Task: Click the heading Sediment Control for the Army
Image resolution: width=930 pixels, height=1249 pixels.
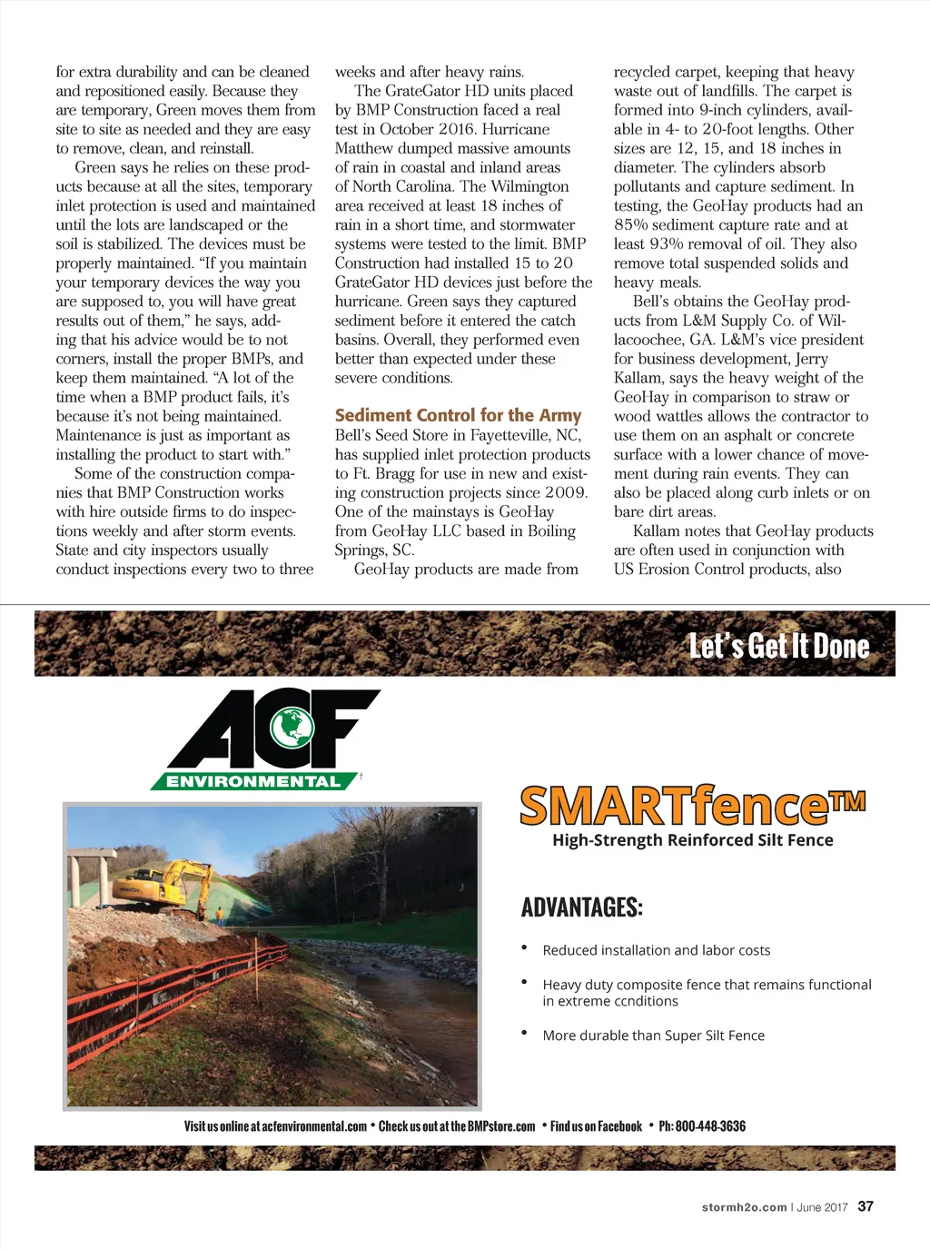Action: (x=458, y=415)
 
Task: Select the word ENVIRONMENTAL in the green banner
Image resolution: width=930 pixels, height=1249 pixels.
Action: (x=253, y=781)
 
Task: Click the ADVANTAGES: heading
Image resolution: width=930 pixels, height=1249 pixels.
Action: (x=581, y=907)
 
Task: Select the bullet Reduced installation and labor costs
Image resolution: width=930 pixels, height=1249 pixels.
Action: (x=656, y=950)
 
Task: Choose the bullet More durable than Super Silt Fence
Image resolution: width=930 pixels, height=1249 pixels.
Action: (x=653, y=1036)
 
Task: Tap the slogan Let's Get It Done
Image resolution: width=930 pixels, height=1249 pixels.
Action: (x=778, y=646)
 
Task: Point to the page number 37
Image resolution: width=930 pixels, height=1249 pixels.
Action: (x=866, y=1206)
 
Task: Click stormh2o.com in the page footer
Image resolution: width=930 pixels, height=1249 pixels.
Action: (x=744, y=1207)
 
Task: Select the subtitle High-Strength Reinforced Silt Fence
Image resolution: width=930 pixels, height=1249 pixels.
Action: (x=692, y=840)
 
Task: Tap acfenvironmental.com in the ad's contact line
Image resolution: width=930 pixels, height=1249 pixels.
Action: (x=314, y=1126)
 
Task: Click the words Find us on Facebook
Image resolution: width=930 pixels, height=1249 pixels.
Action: (x=596, y=1126)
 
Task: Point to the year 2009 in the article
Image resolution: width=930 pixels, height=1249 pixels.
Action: (x=567, y=492)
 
